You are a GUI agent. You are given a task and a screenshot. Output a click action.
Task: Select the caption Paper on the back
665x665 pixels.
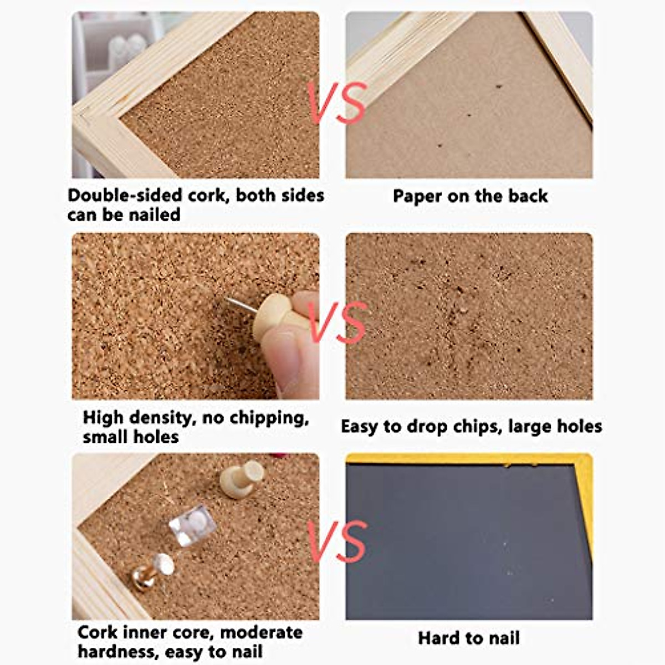[x=470, y=196]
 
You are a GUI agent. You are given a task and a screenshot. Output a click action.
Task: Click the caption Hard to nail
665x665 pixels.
[x=469, y=638]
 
